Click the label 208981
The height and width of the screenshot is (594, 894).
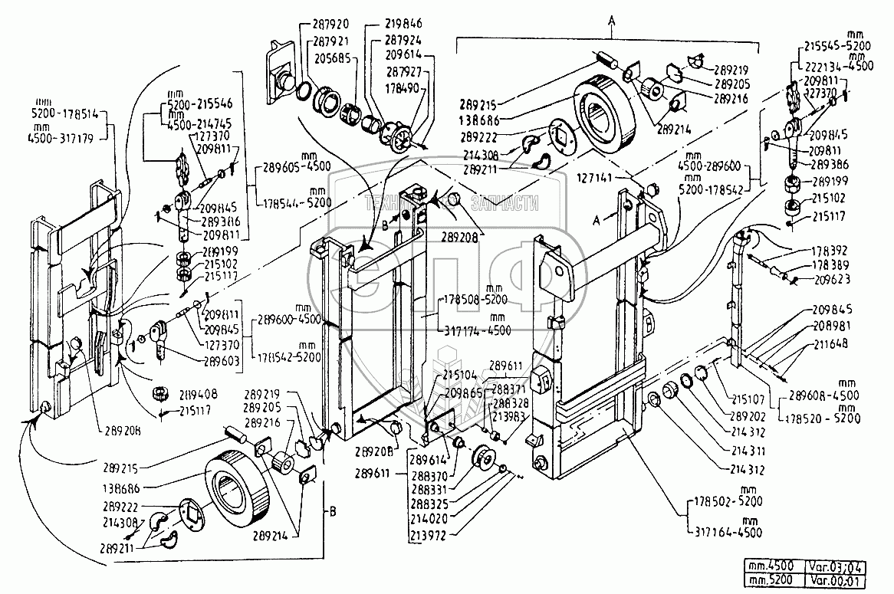click(833, 325)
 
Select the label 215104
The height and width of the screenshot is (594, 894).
click(461, 376)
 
